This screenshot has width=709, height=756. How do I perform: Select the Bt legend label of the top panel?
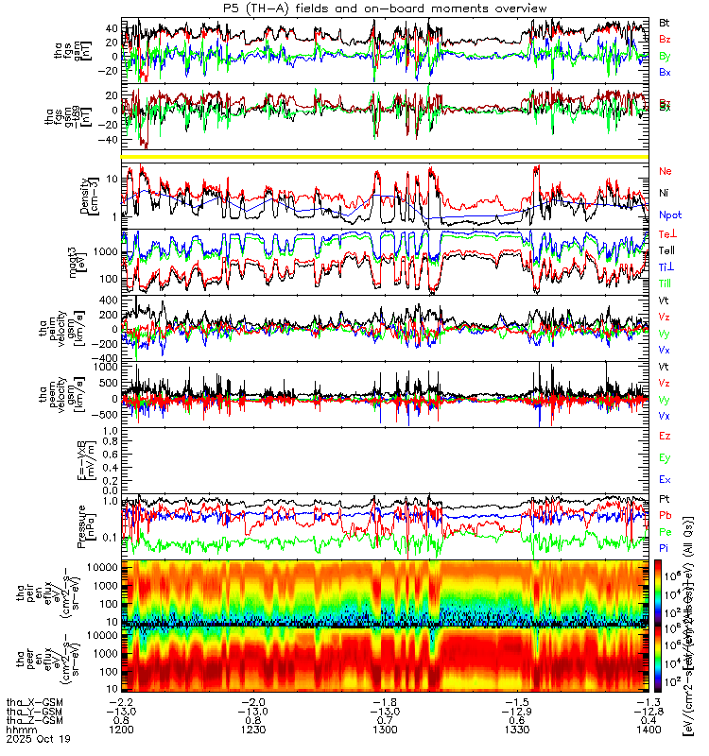[x=665, y=22]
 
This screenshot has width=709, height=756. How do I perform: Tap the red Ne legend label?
[x=666, y=171]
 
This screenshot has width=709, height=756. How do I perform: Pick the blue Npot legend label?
[x=670, y=215]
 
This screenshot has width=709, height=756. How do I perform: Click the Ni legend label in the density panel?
[x=665, y=193]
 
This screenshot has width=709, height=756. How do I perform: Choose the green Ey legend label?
[x=666, y=458]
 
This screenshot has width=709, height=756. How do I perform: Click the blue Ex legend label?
[x=666, y=480]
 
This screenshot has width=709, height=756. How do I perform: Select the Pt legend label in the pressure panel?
[x=665, y=497]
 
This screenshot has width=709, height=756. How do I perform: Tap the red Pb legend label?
[x=666, y=515]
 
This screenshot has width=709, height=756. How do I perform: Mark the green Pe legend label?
[x=666, y=533]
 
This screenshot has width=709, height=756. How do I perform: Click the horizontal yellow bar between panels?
[x=391, y=155]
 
